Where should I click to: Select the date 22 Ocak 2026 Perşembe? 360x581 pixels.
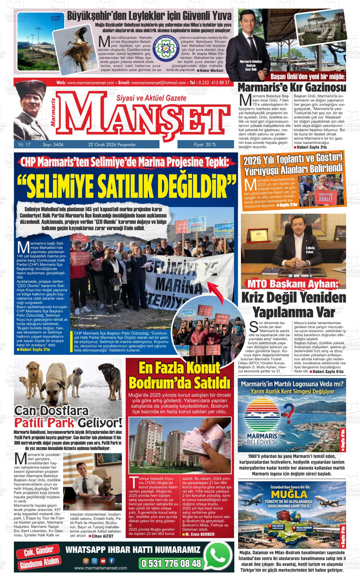coord(112,145)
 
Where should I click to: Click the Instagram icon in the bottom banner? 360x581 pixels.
coord(86,561)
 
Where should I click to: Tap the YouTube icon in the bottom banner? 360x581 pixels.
coord(103,561)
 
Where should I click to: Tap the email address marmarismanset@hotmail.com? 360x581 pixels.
coord(158,83)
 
